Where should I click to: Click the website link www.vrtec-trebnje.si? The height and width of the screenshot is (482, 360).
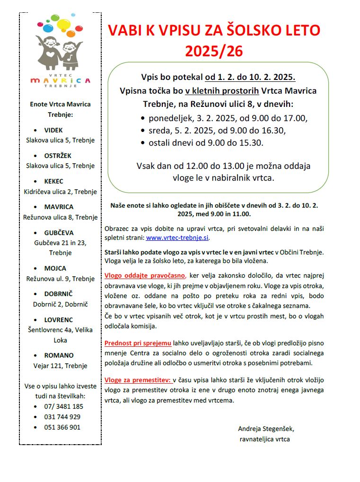pos(177,238)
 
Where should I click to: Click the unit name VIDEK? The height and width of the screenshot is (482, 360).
pos(53,130)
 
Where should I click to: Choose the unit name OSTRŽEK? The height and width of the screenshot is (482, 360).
pos(58,156)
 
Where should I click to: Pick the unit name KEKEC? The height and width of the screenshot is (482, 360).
pos(53,181)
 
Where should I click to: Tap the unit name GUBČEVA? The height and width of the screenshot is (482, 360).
pos(59,233)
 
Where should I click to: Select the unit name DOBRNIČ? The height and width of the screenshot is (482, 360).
pos(59,294)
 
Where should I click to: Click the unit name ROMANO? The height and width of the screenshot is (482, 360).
pos(59,355)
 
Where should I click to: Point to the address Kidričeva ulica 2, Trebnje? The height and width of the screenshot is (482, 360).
pos(60,192)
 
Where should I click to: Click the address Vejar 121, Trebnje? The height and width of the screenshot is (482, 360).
pos(60,366)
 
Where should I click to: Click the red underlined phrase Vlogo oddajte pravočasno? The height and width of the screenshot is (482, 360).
pos(145,275)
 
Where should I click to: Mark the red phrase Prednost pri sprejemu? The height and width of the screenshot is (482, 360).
pos(138,343)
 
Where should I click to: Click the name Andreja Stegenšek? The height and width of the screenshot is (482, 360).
pos(266,429)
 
